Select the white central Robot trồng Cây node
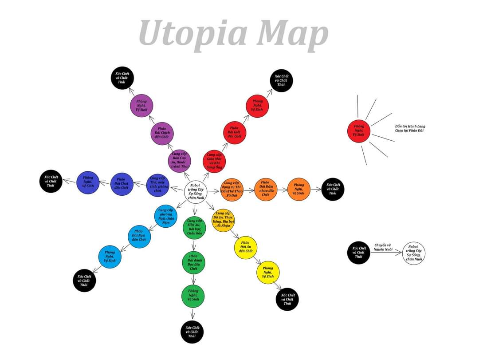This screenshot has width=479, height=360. [x=196, y=192]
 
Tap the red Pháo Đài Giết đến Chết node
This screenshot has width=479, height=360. [x=234, y=132]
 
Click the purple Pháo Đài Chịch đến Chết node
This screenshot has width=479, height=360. [x=162, y=133]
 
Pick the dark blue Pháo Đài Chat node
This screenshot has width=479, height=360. [x=121, y=184]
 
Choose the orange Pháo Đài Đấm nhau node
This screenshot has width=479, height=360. [x=265, y=189]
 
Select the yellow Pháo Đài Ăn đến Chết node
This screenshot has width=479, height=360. [x=245, y=247]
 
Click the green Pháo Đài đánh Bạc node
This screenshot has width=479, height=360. [x=193, y=262]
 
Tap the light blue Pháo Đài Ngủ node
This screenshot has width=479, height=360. [x=139, y=236]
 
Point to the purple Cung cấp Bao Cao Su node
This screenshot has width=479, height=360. [x=180, y=161]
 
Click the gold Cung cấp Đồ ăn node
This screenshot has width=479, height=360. [x=223, y=220]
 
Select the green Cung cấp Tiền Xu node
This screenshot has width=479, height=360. [x=194, y=227]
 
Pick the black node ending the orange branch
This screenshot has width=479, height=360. [x=333, y=189]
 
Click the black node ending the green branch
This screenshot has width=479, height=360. [x=192, y=332]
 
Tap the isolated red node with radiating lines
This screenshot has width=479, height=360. [x=358, y=131]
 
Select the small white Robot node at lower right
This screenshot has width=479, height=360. [x=413, y=253]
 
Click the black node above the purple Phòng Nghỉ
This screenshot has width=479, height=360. [x=122, y=78]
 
